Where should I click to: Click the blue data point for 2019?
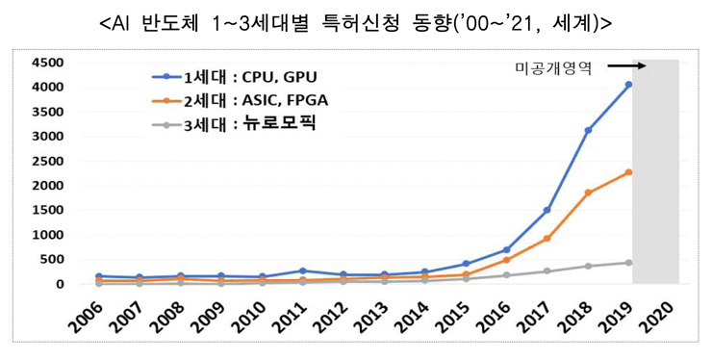(x=628, y=85)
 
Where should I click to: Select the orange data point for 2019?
(x=628, y=172)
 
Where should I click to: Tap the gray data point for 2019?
(x=628, y=262)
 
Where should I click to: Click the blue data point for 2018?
(x=588, y=130)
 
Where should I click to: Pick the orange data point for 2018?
(x=588, y=193)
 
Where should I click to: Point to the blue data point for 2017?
(x=547, y=210)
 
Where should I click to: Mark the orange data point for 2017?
(x=547, y=238)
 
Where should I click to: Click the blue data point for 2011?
(x=303, y=270)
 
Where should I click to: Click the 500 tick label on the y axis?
(x=52, y=259)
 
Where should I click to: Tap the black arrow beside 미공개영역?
(x=625, y=66)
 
